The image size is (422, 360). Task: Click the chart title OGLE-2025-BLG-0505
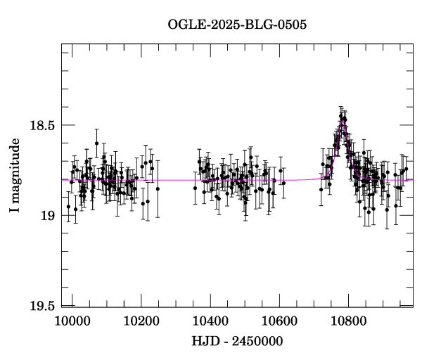[237, 25]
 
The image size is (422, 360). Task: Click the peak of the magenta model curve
[343, 122]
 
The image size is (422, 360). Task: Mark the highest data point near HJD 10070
[96, 143]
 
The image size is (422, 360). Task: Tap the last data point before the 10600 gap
[283, 183]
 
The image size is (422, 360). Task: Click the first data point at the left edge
[68, 206]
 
